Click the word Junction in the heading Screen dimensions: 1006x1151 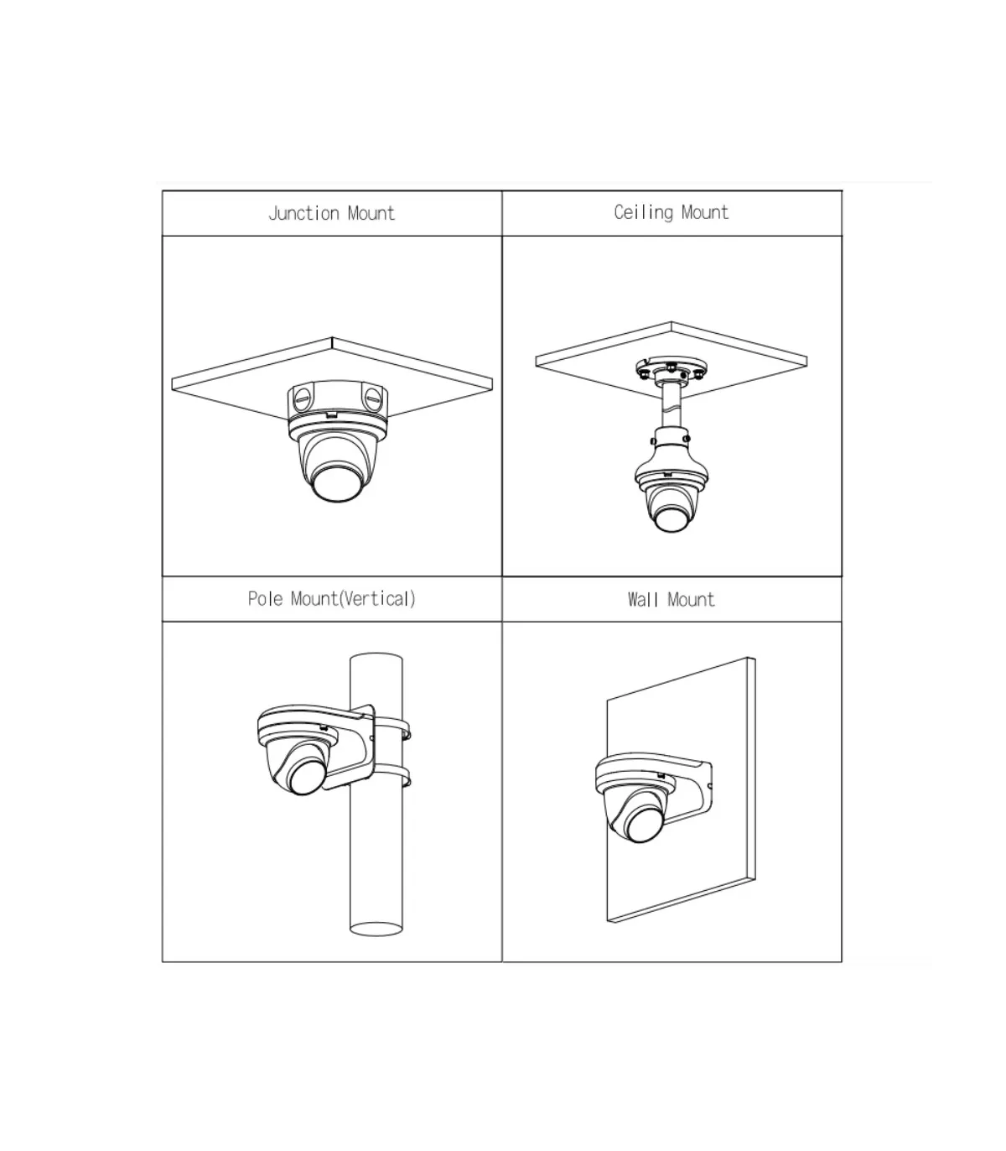(x=303, y=214)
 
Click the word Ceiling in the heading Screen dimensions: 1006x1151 (x=643, y=212)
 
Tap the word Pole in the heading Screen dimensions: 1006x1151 (x=265, y=598)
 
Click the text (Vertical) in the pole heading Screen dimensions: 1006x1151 (x=378, y=598)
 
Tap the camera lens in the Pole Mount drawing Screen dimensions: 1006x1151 (x=307, y=776)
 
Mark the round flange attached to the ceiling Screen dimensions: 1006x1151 (x=672, y=369)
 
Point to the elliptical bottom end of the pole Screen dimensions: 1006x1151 (x=376, y=928)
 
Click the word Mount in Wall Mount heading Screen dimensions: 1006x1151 (x=692, y=600)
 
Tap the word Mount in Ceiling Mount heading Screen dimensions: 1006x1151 (x=705, y=212)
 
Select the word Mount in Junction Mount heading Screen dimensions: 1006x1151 (x=371, y=214)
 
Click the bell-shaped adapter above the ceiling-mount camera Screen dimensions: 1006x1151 (x=671, y=462)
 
